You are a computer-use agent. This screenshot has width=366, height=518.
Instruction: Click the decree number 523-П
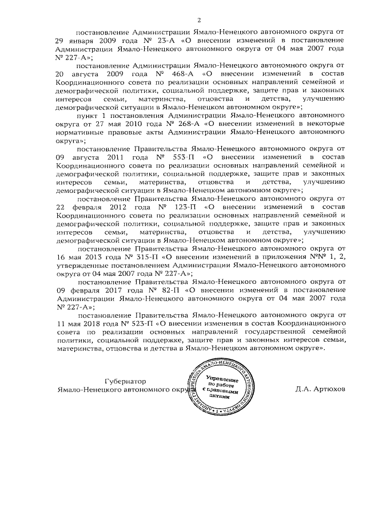[x=135, y=323]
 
